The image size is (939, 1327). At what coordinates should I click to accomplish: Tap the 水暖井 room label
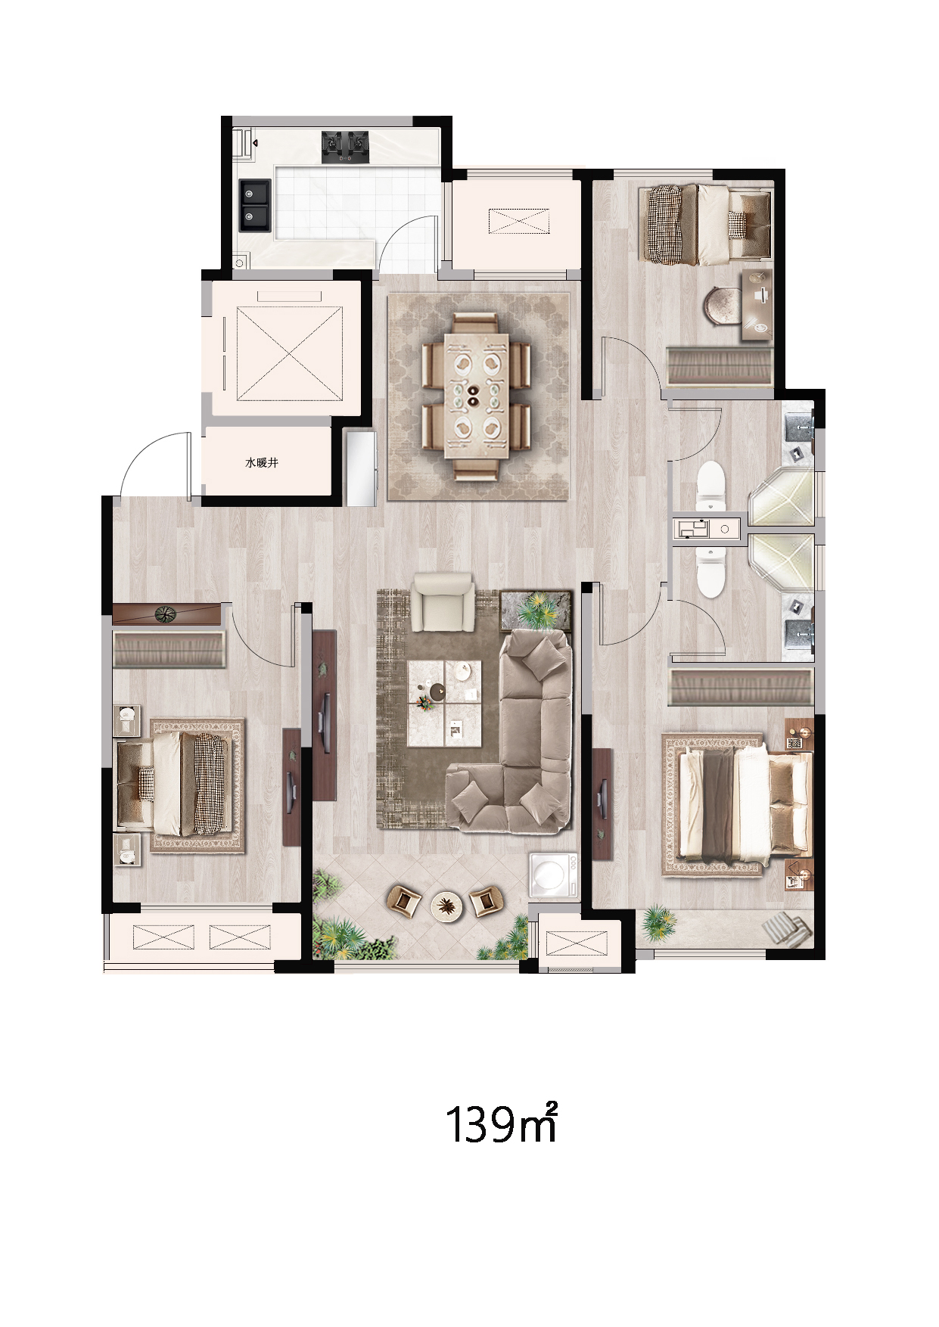tap(262, 462)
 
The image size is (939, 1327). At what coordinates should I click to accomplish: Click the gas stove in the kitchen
tap(345, 147)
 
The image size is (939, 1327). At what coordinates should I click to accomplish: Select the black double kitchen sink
tap(255, 205)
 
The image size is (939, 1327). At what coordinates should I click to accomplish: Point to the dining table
tap(476, 395)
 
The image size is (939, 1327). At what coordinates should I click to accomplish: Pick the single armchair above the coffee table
tap(443, 601)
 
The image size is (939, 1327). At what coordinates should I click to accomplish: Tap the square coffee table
tap(444, 703)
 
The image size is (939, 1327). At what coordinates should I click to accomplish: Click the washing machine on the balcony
tap(554, 876)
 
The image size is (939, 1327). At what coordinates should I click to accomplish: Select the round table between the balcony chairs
tap(447, 904)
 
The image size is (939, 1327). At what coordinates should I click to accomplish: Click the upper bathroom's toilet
tap(710, 484)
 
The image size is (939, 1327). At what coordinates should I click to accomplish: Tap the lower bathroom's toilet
tap(710, 573)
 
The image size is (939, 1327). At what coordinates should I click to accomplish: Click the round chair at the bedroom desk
tap(724, 307)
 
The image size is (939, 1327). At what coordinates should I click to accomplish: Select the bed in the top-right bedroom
tap(707, 225)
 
